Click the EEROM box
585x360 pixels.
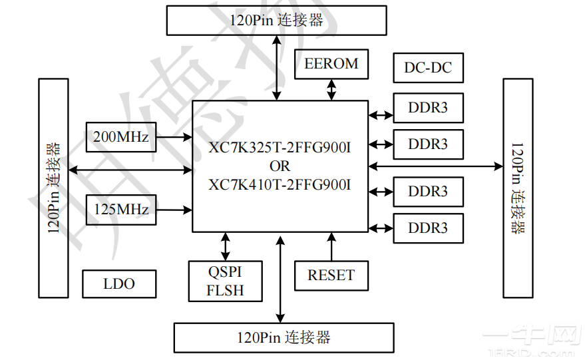331,65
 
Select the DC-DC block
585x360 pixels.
428,67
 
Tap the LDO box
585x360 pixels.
119,284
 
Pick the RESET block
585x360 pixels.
331,275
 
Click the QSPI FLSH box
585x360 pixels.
226,282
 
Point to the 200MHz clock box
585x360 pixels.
120,137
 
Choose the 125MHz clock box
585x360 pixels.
120,210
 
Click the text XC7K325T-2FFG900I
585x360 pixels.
280,148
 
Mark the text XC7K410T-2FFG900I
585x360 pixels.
280,184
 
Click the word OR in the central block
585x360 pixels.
280,166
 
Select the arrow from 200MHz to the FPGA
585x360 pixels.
174,138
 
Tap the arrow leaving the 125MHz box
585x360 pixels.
174,210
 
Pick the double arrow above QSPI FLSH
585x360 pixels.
226,246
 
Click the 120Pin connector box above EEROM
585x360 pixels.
276,20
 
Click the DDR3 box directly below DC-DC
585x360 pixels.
428,108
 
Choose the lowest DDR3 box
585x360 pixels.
428,228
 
